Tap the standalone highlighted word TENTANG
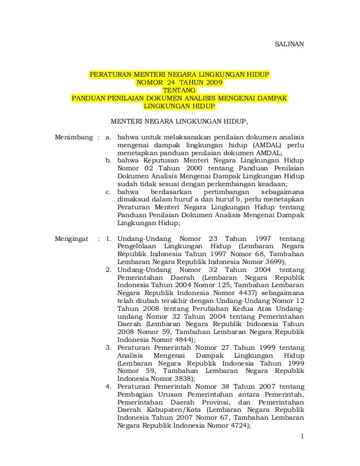point(179,90)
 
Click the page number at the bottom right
point(302,437)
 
